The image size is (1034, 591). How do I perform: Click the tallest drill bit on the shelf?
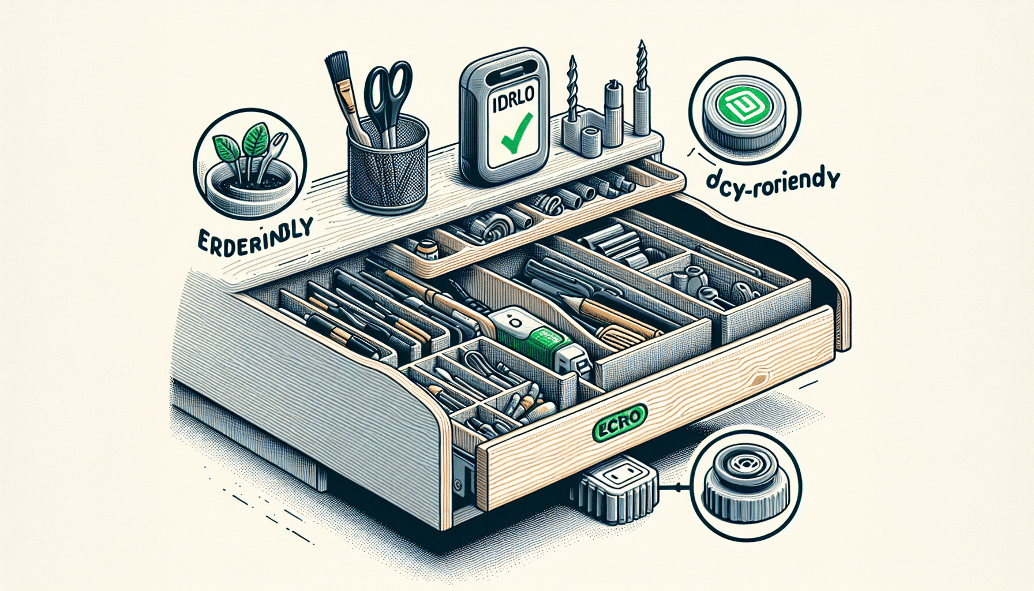click(x=640, y=87)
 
